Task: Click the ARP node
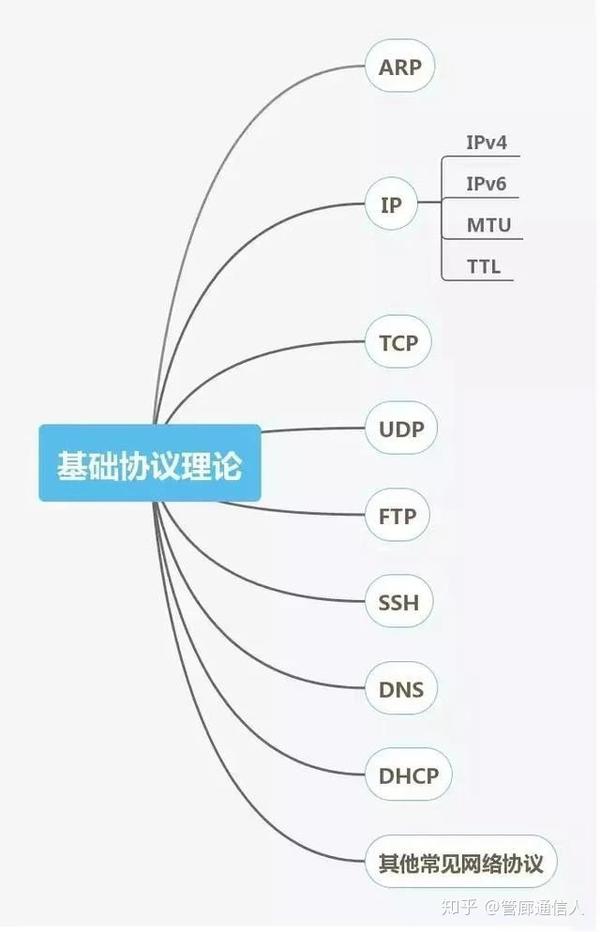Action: (x=400, y=68)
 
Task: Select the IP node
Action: (x=390, y=206)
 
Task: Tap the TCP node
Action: (x=398, y=344)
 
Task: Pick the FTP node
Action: (x=398, y=517)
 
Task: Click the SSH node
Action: (x=398, y=603)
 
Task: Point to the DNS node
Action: (x=401, y=689)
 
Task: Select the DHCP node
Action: (x=408, y=775)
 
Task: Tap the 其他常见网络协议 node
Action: (x=461, y=862)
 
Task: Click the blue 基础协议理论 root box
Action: (x=150, y=463)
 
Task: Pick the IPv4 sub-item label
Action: (x=487, y=143)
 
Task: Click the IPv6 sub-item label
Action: (x=487, y=184)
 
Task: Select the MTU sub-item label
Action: (x=488, y=225)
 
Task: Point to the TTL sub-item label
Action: (x=483, y=266)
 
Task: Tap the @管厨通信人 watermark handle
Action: (x=535, y=906)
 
